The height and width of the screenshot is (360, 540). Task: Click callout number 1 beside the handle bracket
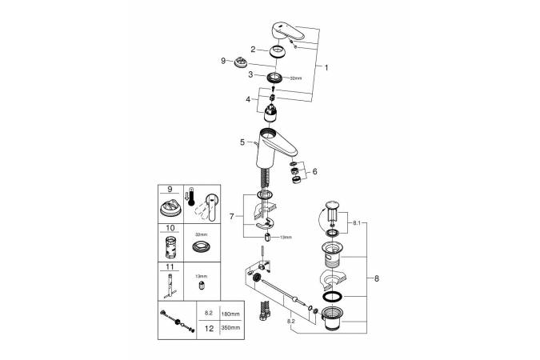326,69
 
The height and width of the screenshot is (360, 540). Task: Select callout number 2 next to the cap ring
253,50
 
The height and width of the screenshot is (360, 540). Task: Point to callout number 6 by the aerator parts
314,171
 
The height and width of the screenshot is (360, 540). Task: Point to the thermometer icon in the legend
190,199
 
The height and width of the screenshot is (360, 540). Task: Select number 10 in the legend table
170,228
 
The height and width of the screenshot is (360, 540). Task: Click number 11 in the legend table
170,266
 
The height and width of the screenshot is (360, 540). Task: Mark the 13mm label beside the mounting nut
286,238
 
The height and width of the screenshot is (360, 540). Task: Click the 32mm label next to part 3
295,78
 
